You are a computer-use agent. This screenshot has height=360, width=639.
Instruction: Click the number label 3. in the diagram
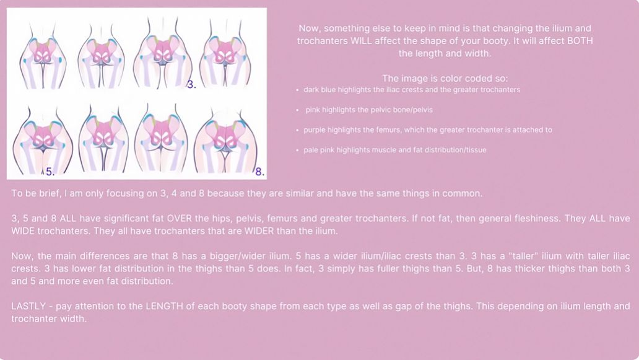(191, 85)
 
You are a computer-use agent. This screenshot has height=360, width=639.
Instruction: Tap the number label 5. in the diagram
(50, 172)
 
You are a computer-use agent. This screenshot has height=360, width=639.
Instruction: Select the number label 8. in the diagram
(259, 172)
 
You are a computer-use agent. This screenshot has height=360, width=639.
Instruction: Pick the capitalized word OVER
(180, 218)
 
